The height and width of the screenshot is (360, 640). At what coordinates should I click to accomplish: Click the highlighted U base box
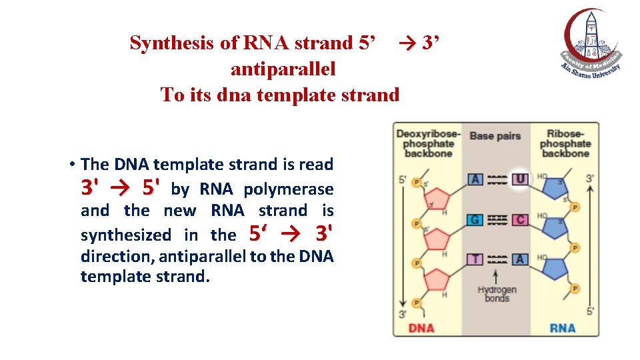pos(520,179)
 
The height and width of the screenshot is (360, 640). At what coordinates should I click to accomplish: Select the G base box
pos(475,219)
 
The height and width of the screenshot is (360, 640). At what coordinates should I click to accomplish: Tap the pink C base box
pos(520,219)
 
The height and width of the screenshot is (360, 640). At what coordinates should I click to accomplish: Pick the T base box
pos(475,259)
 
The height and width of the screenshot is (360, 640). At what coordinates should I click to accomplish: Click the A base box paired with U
pos(475,179)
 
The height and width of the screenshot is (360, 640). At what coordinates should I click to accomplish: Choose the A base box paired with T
pos(520,259)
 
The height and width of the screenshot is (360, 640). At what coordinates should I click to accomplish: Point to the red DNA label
pos(421,327)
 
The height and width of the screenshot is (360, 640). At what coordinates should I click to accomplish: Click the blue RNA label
pos(563,327)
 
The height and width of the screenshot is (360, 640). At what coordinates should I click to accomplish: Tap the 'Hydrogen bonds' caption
pos(497,294)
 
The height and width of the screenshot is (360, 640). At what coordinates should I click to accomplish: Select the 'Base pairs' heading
pos(495,136)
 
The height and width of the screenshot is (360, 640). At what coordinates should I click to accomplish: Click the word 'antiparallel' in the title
pos(283,69)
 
